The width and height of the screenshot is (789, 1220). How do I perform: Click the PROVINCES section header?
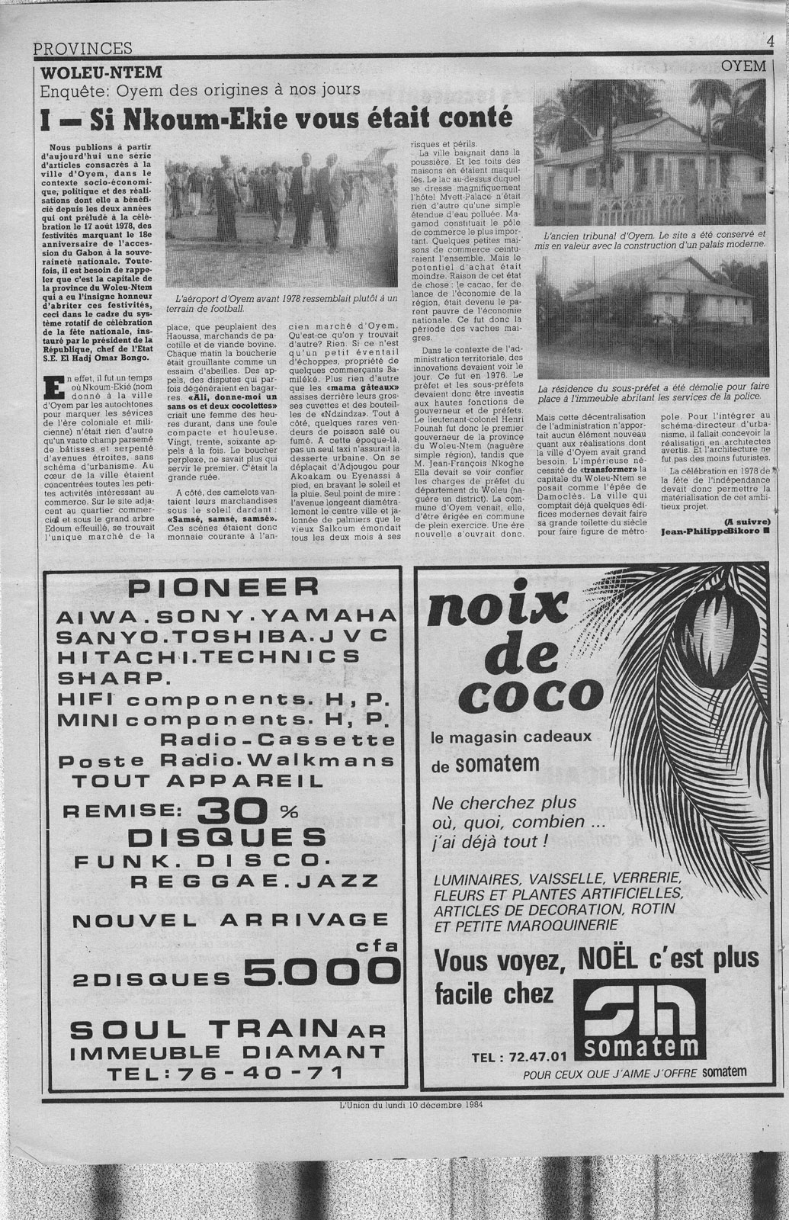click(x=83, y=48)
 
